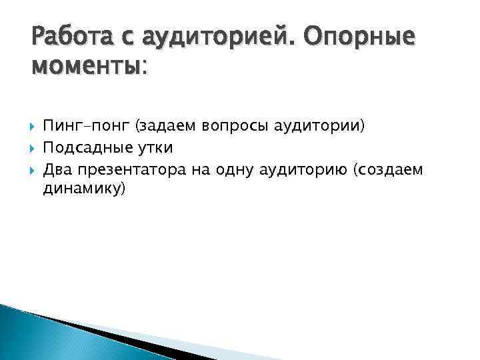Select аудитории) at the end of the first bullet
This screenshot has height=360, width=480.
(x=319, y=126)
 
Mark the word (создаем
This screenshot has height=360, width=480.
(x=390, y=170)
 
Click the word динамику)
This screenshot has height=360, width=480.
(x=83, y=189)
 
